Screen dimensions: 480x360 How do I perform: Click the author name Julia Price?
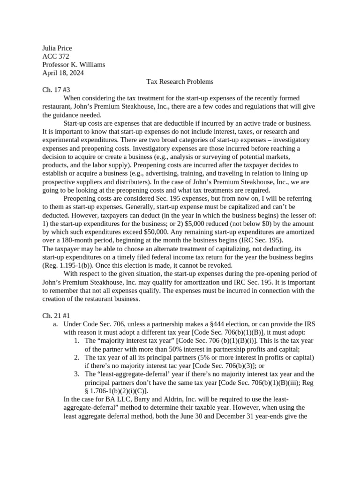pyautogui.click(x=57, y=48)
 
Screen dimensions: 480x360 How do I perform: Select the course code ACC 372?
pyautogui.click(x=56, y=57)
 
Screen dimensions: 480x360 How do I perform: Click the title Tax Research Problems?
pyautogui.click(x=180, y=82)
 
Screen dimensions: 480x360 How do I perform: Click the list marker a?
pyautogui.click(x=55, y=324)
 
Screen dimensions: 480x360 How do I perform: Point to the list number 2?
pyautogui.click(x=77, y=357)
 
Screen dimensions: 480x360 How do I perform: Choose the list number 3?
pyautogui.click(x=77, y=374)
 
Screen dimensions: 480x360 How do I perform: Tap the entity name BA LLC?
pyautogui.click(x=111, y=399)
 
